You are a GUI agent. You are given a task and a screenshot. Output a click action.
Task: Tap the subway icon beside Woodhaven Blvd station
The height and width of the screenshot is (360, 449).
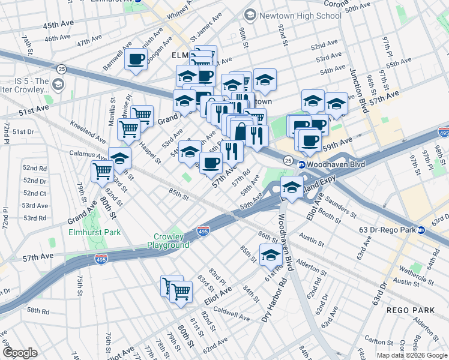coord(303,164)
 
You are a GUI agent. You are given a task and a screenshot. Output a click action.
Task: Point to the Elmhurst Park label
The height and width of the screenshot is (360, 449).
coord(94,232)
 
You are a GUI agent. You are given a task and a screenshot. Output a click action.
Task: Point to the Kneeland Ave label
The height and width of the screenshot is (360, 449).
coord(85,130)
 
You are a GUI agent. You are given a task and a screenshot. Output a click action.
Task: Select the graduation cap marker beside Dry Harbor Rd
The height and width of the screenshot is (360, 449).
coord(271,255)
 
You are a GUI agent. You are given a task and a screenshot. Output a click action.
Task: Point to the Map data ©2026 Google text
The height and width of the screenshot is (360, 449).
coord(411,355)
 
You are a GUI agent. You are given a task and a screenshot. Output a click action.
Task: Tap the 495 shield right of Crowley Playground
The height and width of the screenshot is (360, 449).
coord(203,230)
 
